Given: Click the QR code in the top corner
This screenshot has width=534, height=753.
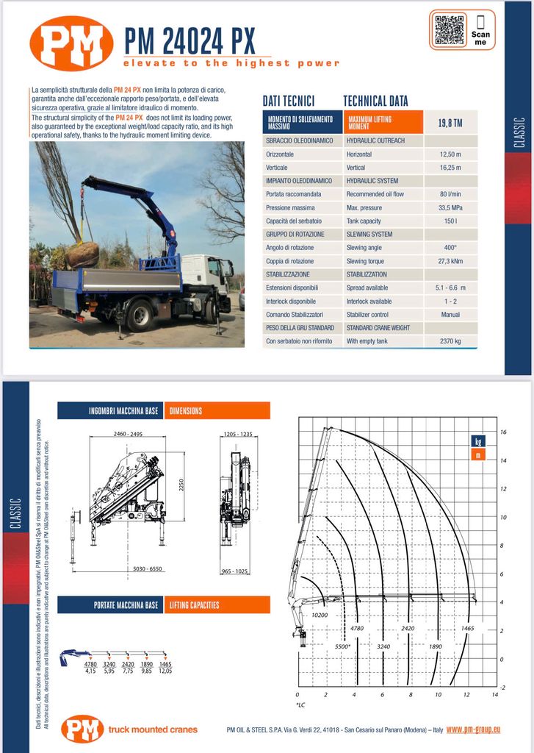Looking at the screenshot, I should (x=450, y=29).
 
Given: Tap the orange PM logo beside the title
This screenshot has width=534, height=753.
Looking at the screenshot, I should (x=71, y=43).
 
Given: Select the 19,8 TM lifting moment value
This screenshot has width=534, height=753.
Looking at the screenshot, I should (x=450, y=123).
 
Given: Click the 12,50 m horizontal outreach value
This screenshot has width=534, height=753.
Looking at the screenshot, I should (x=450, y=154).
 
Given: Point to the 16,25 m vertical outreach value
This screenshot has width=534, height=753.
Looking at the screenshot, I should (x=450, y=168).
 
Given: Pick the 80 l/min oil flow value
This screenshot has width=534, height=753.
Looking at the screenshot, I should (x=450, y=194).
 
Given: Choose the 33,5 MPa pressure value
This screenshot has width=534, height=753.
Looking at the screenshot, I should (x=450, y=208).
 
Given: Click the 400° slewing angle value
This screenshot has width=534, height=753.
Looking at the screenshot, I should (x=450, y=248).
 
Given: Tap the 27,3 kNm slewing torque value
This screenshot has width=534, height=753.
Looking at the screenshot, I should (x=450, y=261).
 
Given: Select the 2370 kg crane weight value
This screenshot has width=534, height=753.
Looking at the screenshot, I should (x=450, y=341).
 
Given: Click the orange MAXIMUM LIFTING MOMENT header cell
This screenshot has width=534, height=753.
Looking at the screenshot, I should (x=383, y=122).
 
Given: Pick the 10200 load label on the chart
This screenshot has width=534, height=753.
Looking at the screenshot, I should (x=320, y=615).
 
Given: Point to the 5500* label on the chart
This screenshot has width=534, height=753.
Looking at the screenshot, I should (x=342, y=646).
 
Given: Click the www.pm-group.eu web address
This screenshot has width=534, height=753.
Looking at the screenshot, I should (x=473, y=729).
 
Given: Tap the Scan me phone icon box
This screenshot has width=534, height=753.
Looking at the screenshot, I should (x=480, y=29).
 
